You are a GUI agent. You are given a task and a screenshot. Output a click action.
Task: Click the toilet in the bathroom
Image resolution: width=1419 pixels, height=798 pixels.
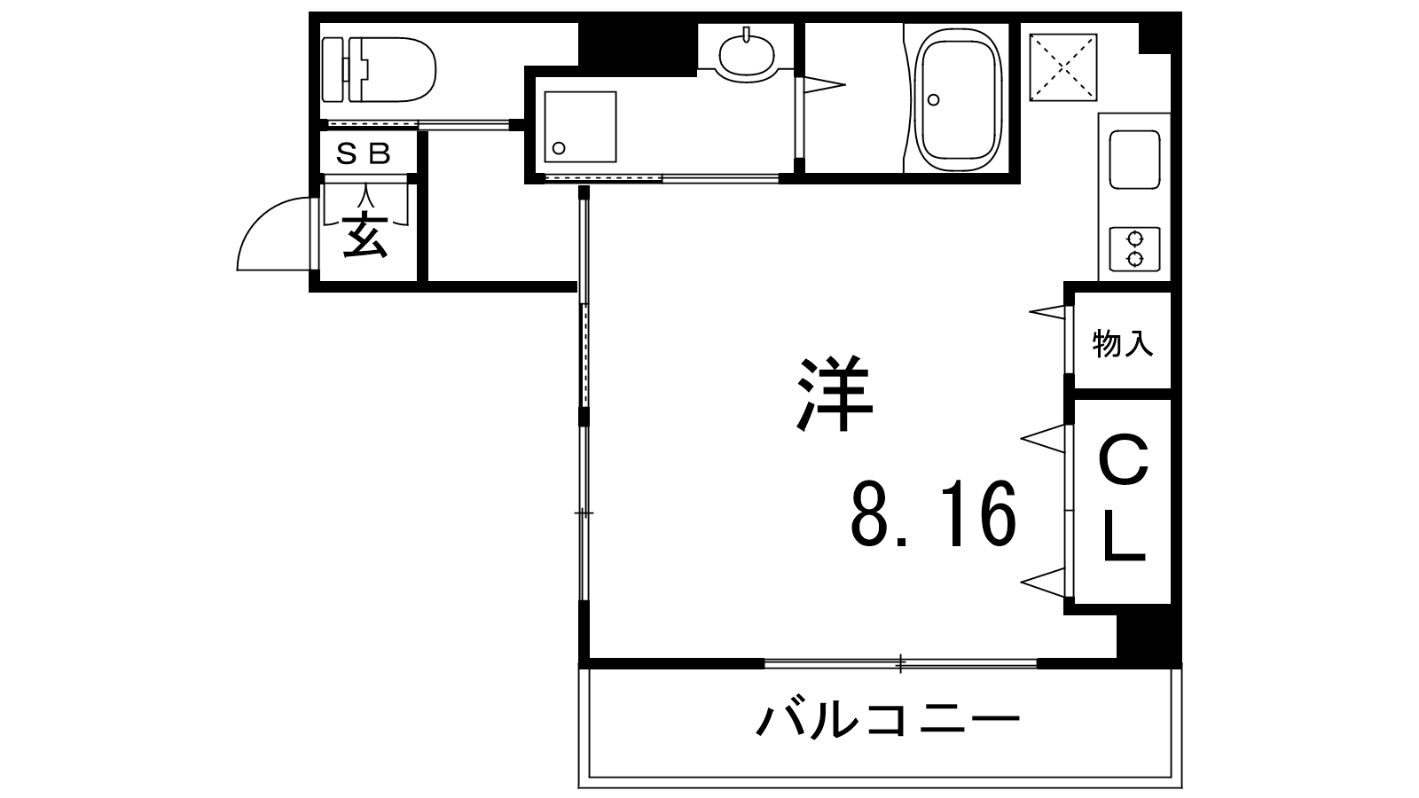point(379,70)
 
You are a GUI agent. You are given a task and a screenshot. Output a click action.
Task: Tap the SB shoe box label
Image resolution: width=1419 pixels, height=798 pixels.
point(363,153)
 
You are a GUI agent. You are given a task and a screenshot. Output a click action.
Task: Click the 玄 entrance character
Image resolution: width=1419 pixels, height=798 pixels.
point(365,236)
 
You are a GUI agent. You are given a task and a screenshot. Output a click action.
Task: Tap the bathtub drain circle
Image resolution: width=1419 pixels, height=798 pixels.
point(933,99)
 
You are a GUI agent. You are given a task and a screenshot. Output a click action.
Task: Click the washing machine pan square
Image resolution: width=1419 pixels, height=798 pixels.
point(580,126)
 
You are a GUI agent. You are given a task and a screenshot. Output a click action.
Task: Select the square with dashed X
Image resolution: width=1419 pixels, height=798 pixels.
point(1063,67)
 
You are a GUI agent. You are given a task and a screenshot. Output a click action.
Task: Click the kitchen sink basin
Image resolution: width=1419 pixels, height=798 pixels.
point(1134,160)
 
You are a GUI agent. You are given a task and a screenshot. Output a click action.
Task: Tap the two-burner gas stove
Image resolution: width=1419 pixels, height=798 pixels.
point(1134,249)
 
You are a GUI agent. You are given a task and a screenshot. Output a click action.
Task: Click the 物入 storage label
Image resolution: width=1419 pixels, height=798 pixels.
point(1123,343)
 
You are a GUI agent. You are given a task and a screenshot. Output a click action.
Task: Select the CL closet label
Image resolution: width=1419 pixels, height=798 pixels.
point(1125,497)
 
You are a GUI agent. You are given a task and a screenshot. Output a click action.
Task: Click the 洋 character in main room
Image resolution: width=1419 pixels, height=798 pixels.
point(835,394)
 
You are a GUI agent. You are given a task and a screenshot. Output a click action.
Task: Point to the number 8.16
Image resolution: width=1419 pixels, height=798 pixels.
point(934,513)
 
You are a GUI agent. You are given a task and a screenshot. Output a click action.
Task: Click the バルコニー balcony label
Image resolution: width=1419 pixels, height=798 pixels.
point(888,721)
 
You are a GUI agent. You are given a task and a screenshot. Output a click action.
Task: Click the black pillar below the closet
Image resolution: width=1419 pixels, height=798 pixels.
point(1148,636)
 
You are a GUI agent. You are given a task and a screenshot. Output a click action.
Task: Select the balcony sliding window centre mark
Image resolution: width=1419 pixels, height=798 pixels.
point(901,664)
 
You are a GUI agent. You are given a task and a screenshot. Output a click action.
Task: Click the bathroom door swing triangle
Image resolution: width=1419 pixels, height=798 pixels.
point(824,85)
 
